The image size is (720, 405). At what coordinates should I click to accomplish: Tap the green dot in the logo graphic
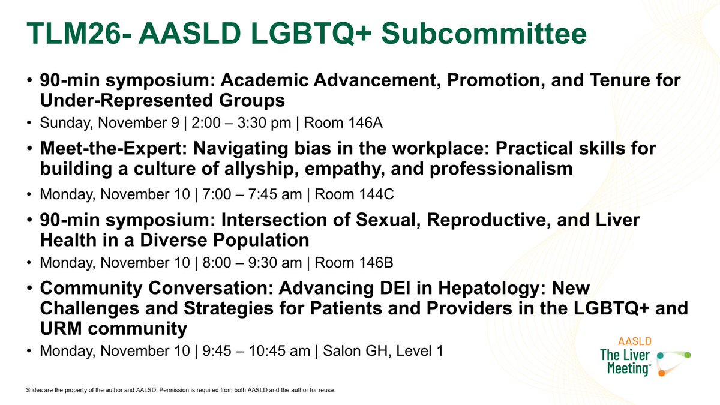(688, 355)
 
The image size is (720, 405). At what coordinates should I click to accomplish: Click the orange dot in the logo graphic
(661, 373)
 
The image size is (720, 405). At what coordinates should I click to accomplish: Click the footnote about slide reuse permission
(180, 391)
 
